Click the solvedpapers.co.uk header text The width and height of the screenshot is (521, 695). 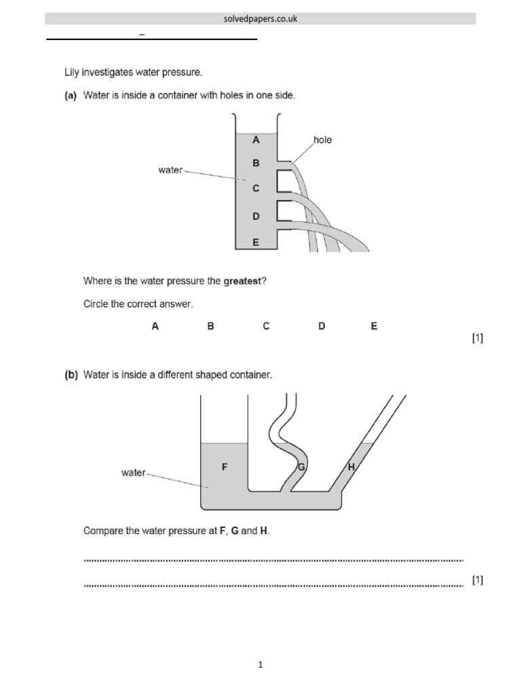(260, 19)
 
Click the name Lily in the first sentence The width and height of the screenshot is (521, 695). (73, 71)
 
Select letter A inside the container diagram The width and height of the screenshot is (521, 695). (256, 140)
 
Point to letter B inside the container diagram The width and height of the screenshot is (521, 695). (256, 164)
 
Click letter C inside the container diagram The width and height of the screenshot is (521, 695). (256, 189)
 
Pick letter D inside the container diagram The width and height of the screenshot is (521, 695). (256, 217)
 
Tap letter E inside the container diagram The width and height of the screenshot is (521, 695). (256, 242)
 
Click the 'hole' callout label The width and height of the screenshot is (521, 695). (322, 140)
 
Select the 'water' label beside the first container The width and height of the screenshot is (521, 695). (170, 170)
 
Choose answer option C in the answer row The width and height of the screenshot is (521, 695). (266, 326)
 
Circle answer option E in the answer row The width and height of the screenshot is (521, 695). (374, 326)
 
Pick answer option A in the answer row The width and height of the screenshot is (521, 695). (155, 326)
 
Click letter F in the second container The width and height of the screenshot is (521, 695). (225, 467)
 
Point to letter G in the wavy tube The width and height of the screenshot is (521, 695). (301, 468)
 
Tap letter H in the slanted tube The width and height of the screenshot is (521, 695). (351, 467)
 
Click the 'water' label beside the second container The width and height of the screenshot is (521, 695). (134, 472)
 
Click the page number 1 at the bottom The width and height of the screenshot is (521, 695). (260, 665)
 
